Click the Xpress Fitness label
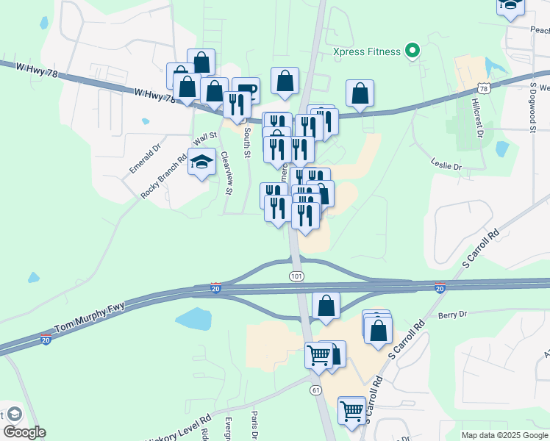[x=366, y=51]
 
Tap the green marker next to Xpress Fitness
[x=413, y=51]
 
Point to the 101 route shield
[x=296, y=276]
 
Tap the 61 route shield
[x=315, y=389]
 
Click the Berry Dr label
[x=452, y=315]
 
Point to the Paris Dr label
[x=254, y=426]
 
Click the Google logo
[x=24, y=432]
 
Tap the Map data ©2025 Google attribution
[x=504, y=435]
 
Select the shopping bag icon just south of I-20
[x=326, y=306]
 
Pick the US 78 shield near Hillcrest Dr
[x=483, y=88]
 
